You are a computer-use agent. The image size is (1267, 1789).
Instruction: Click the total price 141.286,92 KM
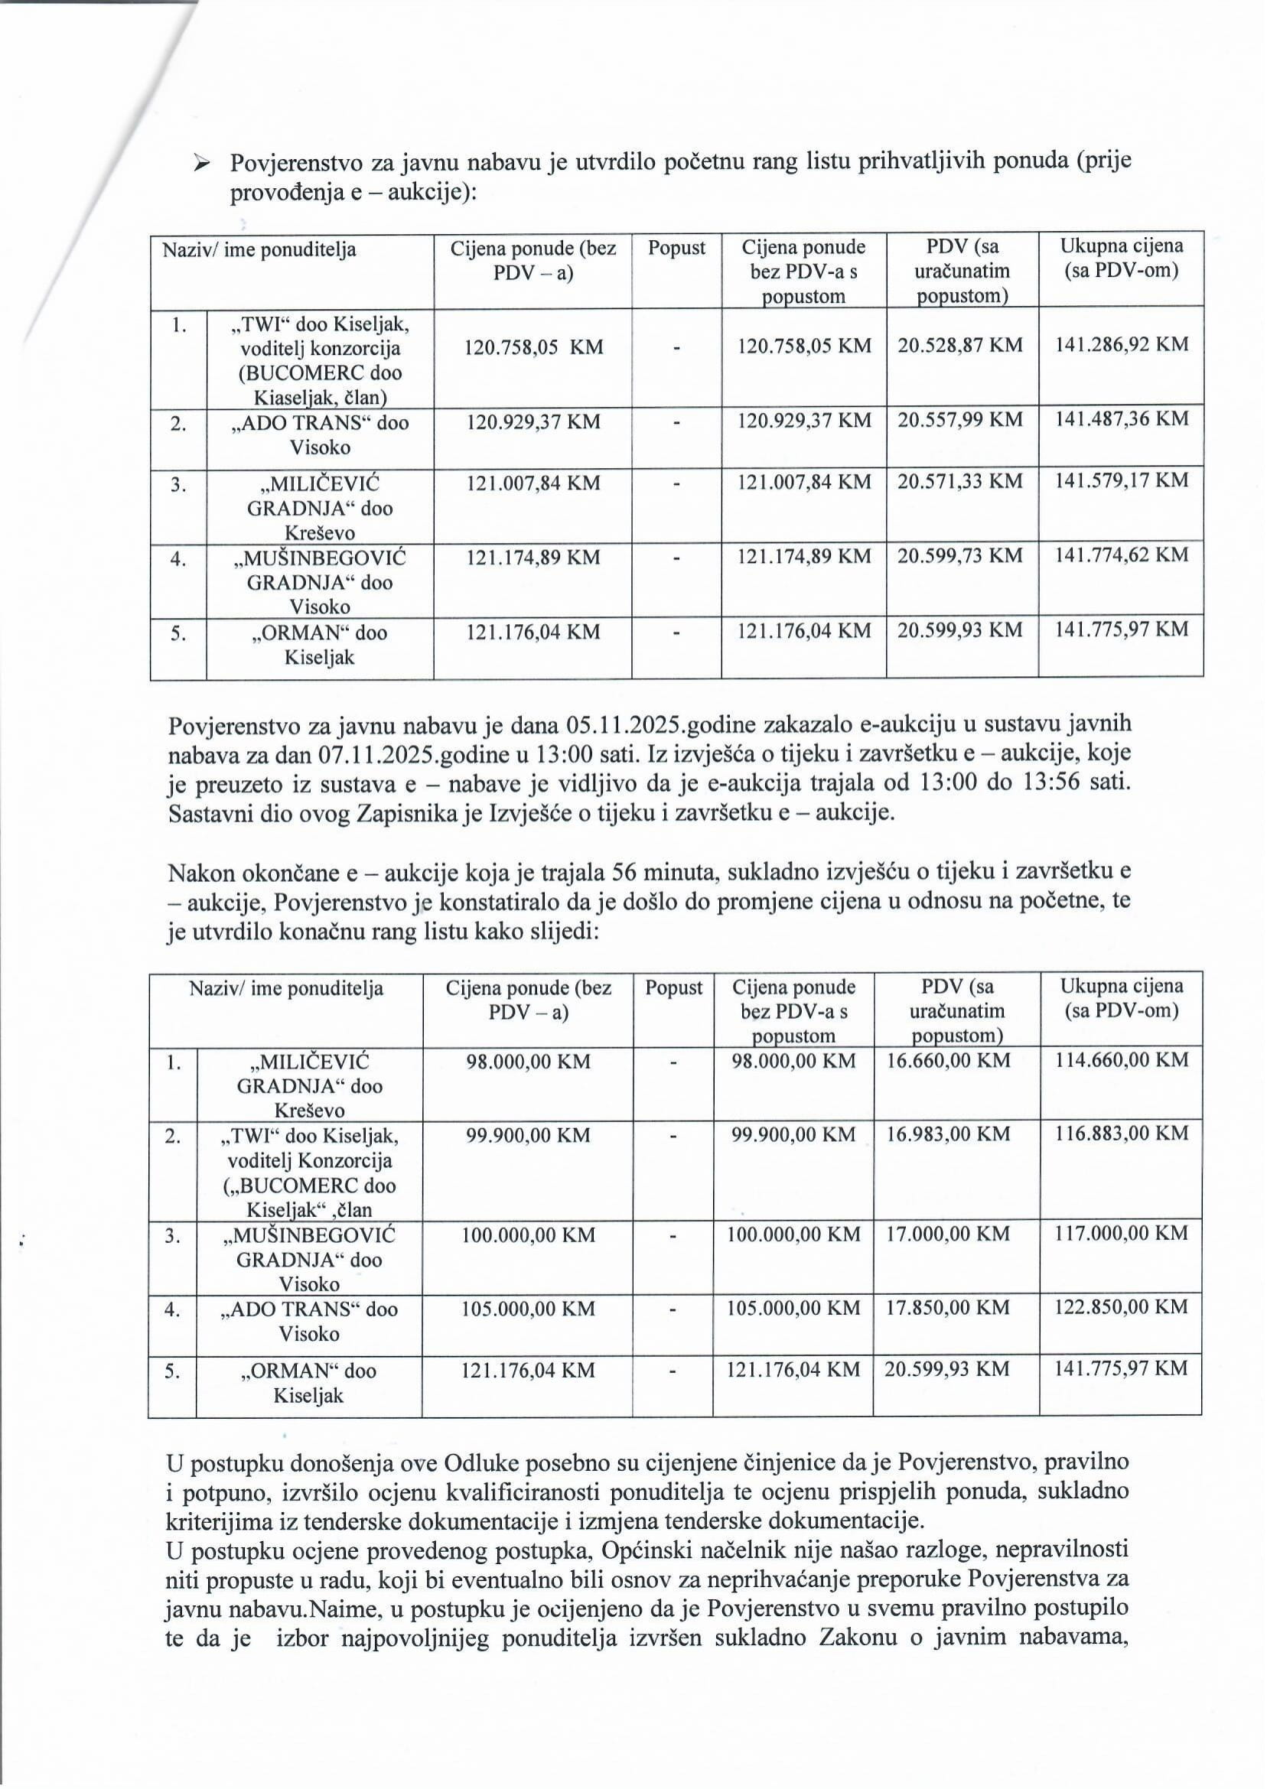click(x=1121, y=345)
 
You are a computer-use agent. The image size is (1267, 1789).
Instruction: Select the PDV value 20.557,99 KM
click(x=959, y=421)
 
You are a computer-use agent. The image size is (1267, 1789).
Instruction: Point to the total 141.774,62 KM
click(x=1121, y=555)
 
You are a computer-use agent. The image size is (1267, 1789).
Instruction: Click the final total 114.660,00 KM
click(x=1121, y=1061)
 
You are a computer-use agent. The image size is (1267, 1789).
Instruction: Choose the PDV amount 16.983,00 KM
click(x=948, y=1134)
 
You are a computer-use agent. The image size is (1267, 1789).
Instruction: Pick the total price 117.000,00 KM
click(x=1121, y=1234)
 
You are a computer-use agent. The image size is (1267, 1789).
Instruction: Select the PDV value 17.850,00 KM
click(x=948, y=1308)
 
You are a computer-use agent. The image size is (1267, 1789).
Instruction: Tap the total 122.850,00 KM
click(x=1121, y=1308)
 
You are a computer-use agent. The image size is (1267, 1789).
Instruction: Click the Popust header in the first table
click(x=676, y=248)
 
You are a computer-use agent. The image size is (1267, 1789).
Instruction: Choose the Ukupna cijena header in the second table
click(x=1121, y=998)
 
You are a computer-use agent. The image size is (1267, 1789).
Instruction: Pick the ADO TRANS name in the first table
click(x=320, y=434)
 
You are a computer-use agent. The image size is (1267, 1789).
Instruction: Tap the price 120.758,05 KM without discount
click(x=533, y=346)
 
